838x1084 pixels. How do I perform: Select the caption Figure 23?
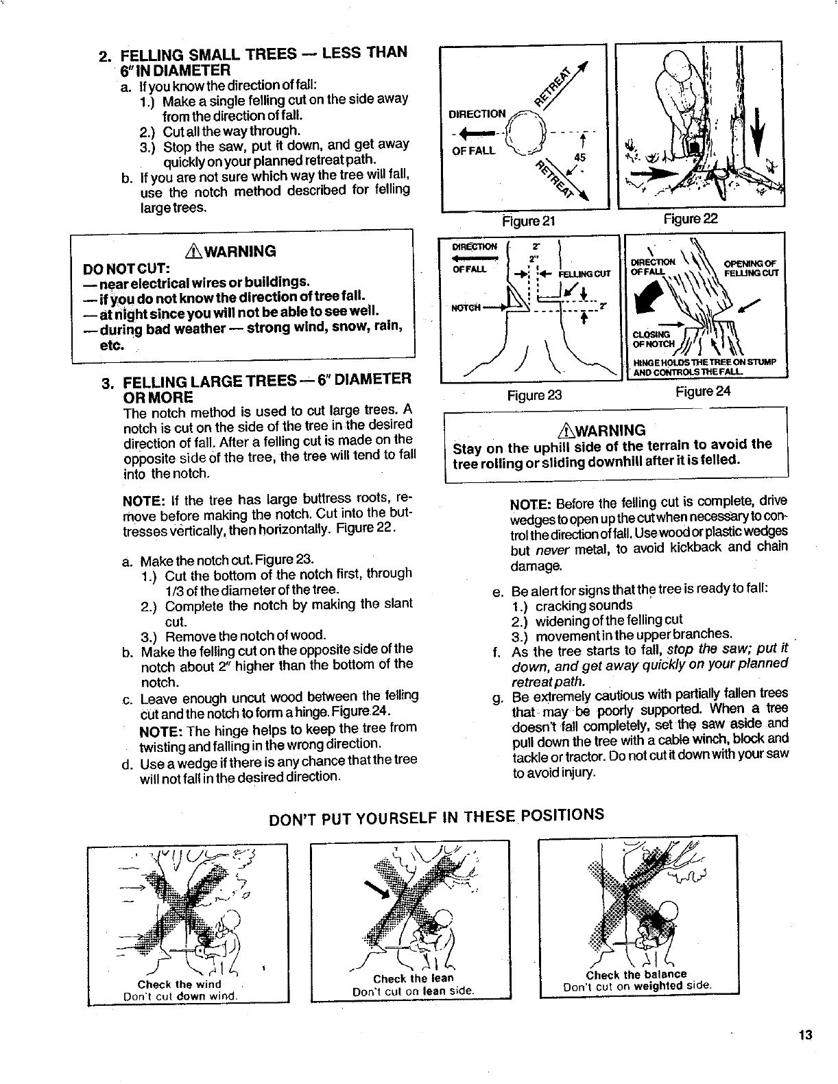[x=534, y=394]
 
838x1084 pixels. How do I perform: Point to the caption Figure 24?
[x=703, y=391]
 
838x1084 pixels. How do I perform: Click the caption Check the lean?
[x=414, y=979]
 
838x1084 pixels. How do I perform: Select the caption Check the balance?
[x=636, y=974]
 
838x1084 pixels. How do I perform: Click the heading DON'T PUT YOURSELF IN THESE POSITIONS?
[x=435, y=817]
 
